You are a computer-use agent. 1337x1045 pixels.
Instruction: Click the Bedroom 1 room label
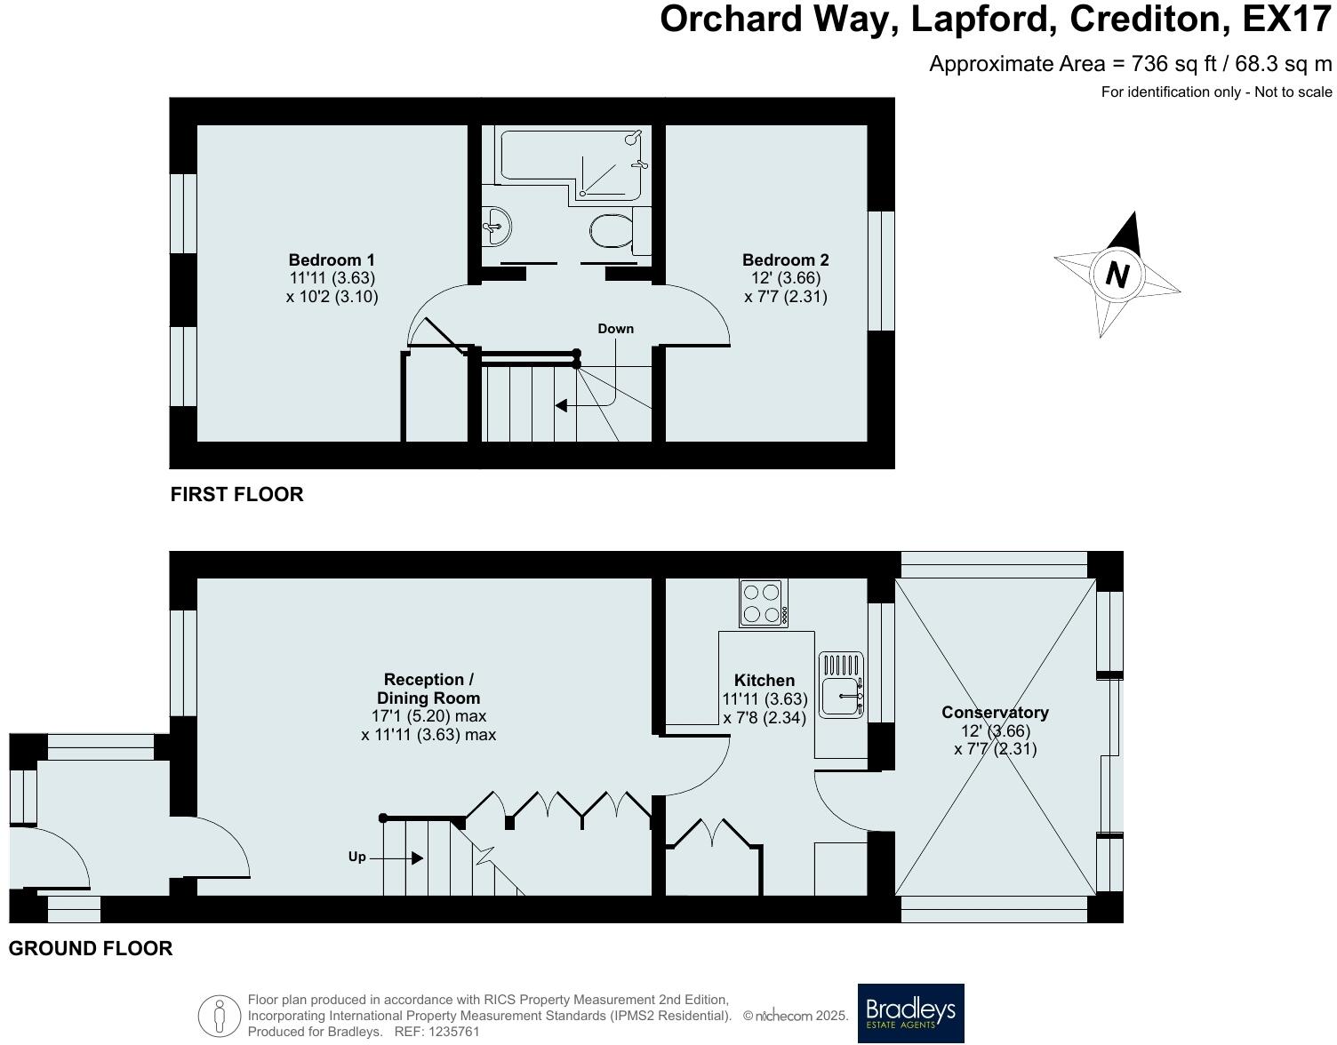point(332,260)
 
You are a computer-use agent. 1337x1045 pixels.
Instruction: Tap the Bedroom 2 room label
point(785,260)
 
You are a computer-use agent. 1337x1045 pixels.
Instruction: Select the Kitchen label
point(765,681)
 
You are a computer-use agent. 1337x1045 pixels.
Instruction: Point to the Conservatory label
point(995,713)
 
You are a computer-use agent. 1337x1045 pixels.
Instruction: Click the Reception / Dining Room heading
point(428,689)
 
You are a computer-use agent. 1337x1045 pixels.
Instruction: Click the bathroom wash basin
point(496,227)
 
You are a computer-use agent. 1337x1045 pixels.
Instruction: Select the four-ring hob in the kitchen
point(763,603)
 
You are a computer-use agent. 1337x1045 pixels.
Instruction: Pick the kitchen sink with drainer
point(841,684)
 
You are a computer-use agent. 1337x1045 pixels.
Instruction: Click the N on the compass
point(1117,274)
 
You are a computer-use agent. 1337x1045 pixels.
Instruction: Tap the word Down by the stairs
point(615,329)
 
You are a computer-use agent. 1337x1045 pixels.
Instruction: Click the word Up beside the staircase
point(356,857)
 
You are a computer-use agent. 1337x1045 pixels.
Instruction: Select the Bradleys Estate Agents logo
point(910,1013)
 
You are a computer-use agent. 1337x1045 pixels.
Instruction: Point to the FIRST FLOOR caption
point(236,495)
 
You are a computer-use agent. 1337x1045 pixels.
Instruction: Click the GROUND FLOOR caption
point(91,948)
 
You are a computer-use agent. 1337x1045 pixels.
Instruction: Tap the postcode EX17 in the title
point(1287,19)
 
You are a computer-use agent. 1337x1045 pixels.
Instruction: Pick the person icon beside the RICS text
point(220,1016)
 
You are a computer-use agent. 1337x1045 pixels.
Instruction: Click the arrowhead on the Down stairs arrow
point(561,406)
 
